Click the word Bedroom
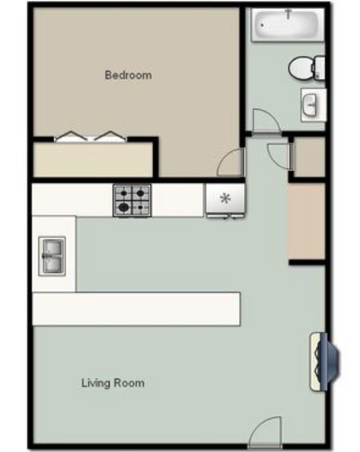[128, 75]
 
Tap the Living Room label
[113, 382]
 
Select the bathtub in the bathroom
[287, 24]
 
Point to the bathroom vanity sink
[311, 104]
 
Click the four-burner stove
[132, 200]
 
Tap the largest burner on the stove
[125, 207]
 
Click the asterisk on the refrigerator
[226, 199]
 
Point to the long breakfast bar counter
[136, 308]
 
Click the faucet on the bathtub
[288, 14]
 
